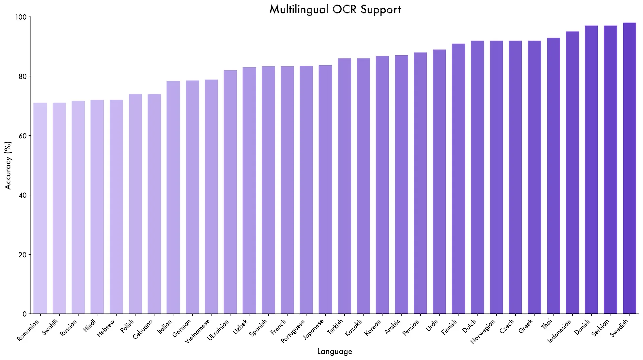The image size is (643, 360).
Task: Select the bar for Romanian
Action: pyautogui.click(x=40, y=208)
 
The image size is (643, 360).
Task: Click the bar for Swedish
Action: pyautogui.click(x=629, y=168)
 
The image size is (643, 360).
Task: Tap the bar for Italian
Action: pyautogui.click(x=173, y=198)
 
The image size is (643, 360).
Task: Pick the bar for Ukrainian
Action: pyautogui.click(x=230, y=192)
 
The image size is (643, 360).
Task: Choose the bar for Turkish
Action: pyautogui.click(x=344, y=186)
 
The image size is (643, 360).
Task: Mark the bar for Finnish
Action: pyautogui.click(x=458, y=178)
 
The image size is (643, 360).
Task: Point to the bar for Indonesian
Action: pyautogui.click(x=572, y=173)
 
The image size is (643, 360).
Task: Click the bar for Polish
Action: pyautogui.click(x=135, y=204)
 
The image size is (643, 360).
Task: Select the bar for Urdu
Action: pyautogui.click(x=439, y=182)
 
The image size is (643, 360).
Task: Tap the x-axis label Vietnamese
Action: pyautogui.click(x=198, y=331)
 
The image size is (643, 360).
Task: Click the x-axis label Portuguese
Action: pyautogui.click(x=293, y=331)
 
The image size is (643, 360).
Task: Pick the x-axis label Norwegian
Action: pyautogui.click(x=483, y=332)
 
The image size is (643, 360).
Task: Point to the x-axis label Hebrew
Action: pyautogui.click(x=106, y=328)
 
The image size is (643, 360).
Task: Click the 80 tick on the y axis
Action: pyautogui.click(x=23, y=76)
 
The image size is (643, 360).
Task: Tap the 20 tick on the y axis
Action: pyautogui.click(x=23, y=255)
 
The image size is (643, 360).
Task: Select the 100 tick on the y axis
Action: pyautogui.click(x=21, y=17)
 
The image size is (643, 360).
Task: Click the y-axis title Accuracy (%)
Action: pyautogui.click(x=8, y=165)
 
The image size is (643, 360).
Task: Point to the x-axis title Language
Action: pyautogui.click(x=335, y=351)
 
